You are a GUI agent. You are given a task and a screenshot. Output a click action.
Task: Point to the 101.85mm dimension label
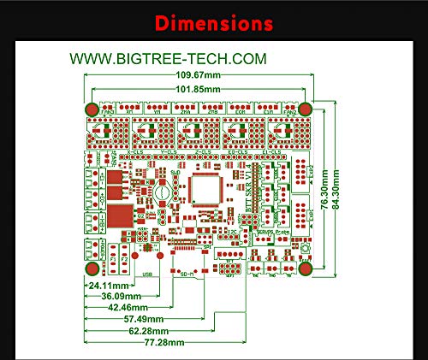[x=199, y=91]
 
